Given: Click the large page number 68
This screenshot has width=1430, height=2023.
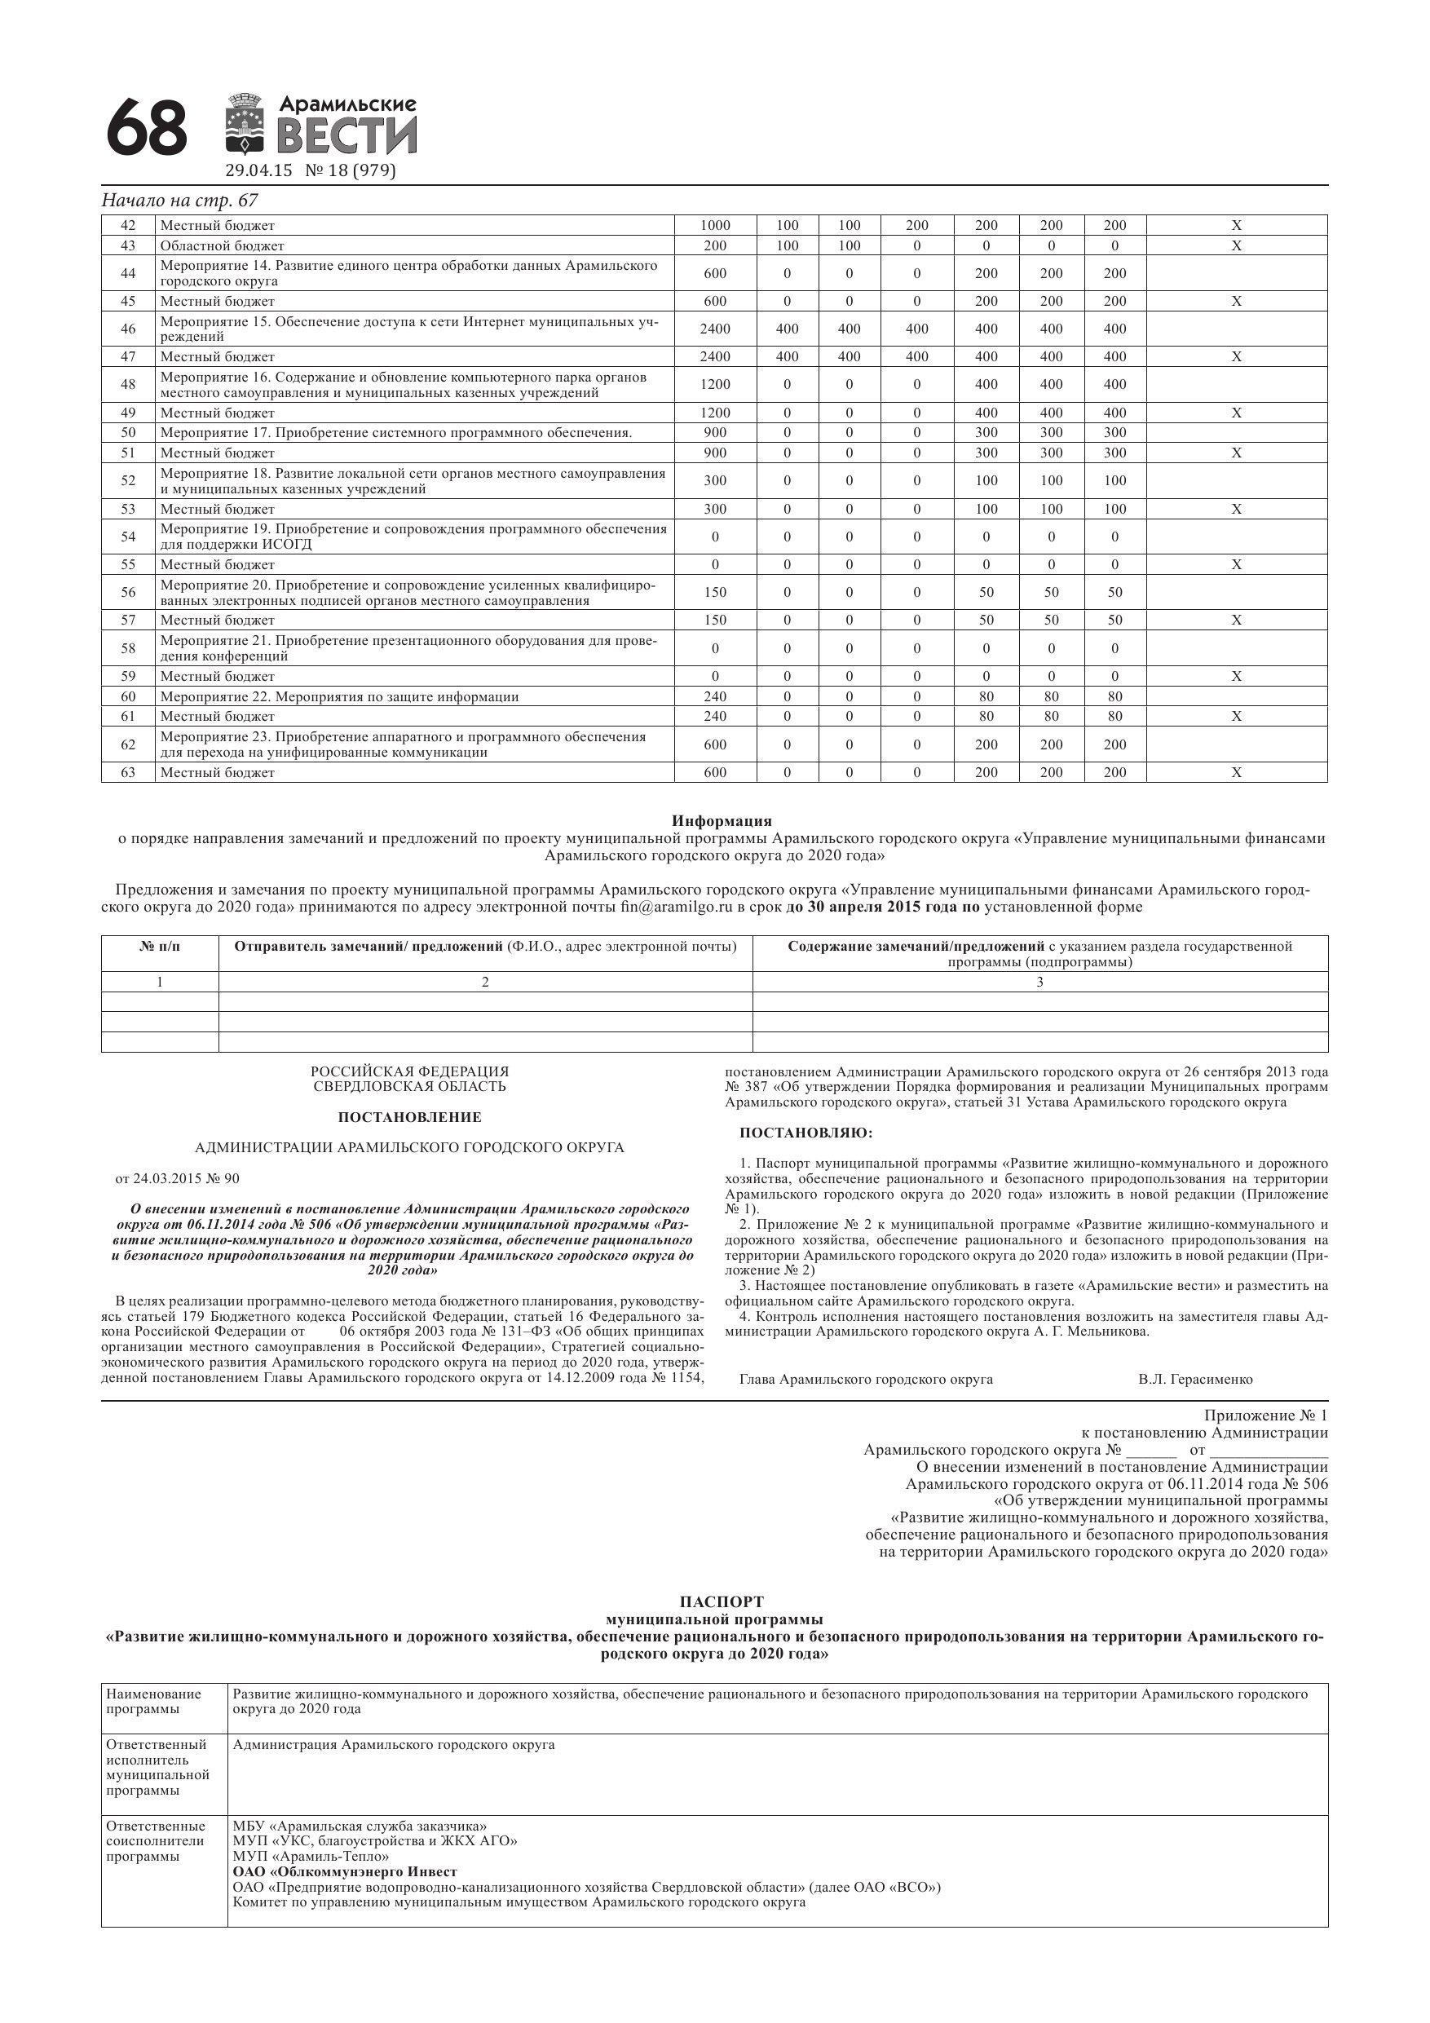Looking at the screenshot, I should click(146, 129).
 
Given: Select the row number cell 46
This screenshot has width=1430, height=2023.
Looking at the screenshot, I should click(129, 329).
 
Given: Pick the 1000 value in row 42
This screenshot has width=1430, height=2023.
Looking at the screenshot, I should click(714, 226).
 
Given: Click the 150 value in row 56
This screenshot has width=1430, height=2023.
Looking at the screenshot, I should click(714, 592).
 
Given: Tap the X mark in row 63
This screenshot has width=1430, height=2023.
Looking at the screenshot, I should click(1236, 773).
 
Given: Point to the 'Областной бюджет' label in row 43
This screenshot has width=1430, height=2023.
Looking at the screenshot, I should click(222, 245).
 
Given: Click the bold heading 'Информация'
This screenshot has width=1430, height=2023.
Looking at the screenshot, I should click(722, 821).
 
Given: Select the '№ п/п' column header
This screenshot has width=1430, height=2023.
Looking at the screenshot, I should click(160, 947).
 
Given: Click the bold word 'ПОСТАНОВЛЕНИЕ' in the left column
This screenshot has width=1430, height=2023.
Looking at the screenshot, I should click(410, 1117).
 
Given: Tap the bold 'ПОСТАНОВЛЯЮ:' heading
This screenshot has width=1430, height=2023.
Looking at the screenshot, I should click(806, 1133).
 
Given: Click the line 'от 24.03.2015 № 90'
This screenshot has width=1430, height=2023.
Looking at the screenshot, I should click(177, 1179).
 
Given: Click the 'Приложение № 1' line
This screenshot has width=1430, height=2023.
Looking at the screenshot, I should click(1265, 1416).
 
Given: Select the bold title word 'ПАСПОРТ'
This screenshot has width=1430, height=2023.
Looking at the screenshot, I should click(722, 1601).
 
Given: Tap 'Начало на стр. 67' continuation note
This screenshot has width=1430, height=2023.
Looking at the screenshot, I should click(179, 200).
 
